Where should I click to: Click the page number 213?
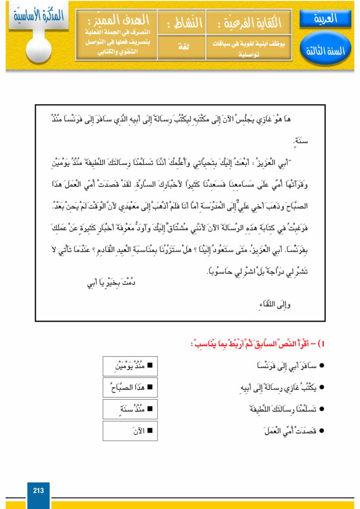[38, 491]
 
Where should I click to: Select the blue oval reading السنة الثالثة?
[326, 50]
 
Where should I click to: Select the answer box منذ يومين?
[130, 366]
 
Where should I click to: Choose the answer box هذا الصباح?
[130, 387]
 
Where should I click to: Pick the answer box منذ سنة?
[130, 409]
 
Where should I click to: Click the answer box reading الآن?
[130, 430]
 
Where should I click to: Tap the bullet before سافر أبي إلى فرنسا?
[322, 366]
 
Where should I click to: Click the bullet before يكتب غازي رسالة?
[322, 388]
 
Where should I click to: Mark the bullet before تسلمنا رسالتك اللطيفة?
[322, 409]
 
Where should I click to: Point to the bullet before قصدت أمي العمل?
[322, 430]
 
